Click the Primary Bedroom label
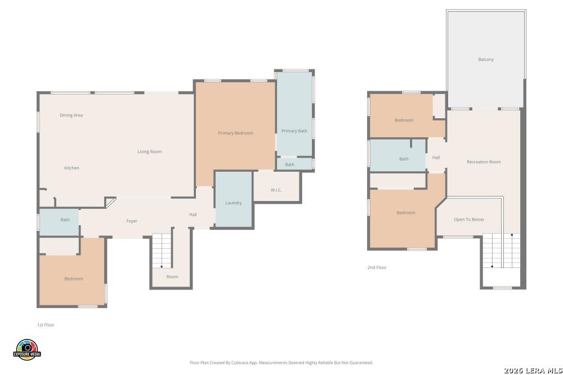235,133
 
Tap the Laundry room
234,199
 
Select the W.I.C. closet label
276,190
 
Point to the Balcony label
486,59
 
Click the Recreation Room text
484,162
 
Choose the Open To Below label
468,220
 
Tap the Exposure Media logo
27,350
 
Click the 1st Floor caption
46,325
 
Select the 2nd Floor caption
377,267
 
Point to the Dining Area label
71,115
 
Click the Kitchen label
72,168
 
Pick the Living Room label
149,151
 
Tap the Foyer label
132,221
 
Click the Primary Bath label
294,131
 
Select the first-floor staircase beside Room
162,251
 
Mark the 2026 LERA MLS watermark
533,370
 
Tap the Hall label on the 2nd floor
436,157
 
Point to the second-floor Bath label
404,159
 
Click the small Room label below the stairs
172,276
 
